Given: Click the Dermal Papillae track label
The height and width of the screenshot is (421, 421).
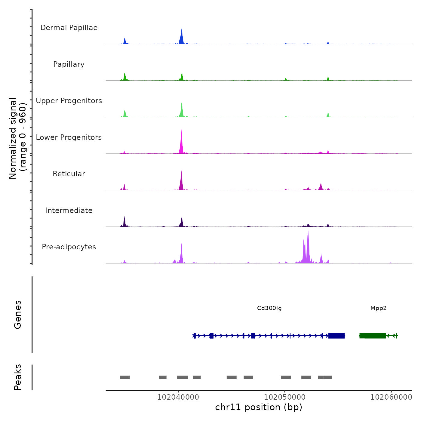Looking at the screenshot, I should (69, 28).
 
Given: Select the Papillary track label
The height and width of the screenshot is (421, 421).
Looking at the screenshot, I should (69, 64).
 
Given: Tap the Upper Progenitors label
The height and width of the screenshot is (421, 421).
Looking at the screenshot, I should (69, 101).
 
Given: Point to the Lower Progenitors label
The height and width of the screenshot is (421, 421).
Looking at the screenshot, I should (69, 137).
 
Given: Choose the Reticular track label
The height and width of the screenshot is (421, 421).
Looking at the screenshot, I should (69, 174).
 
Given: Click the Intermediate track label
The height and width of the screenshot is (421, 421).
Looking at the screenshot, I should (69, 210).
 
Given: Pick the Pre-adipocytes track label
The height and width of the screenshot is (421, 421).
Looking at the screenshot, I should (69, 247).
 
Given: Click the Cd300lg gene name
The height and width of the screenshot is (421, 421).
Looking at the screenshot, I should (269, 308).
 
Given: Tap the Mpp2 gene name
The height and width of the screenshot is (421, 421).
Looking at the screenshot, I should (378, 308).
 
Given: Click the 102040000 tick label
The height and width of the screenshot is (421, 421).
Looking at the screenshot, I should (178, 397).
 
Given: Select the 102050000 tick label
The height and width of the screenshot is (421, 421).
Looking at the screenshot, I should (285, 397).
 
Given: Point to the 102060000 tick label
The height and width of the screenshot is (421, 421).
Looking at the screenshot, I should (391, 397).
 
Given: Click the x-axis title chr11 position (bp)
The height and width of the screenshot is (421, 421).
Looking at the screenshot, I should (259, 407).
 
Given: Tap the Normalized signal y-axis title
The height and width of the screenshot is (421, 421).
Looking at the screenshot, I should (17, 138).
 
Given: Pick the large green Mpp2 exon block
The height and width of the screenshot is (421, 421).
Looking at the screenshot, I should (373, 336).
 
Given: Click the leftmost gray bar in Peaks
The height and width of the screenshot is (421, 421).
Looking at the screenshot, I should (125, 377).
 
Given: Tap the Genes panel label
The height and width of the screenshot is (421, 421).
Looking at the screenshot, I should (18, 315).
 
